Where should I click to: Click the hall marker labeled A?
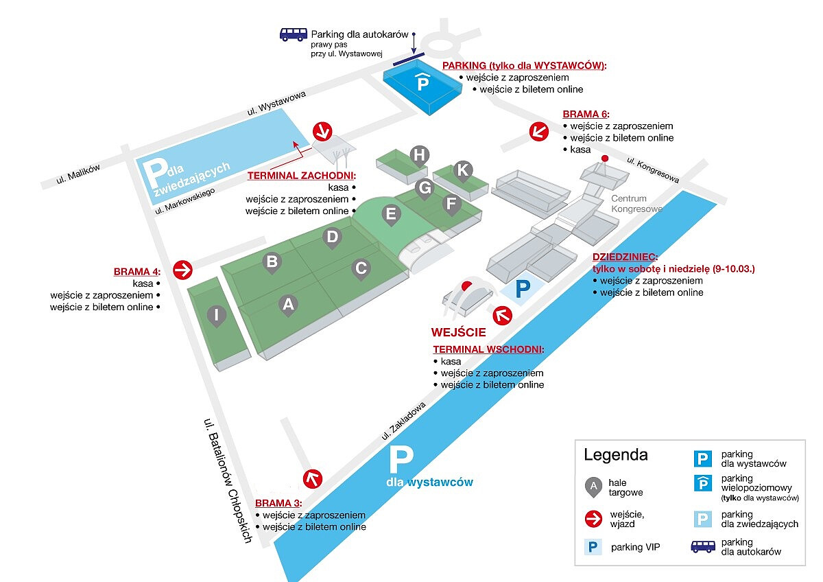point(289,304)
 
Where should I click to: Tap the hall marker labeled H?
point(419,155)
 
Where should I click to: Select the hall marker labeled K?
point(463,170)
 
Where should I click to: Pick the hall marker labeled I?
point(217,315)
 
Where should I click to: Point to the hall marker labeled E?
point(391,214)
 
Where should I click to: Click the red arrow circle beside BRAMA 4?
point(182,270)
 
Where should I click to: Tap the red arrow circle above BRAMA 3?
point(313,478)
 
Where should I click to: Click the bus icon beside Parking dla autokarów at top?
point(293,34)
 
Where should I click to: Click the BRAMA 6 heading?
point(586,114)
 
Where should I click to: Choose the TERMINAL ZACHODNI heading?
point(302,175)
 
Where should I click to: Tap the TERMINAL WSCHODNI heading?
point(488,349)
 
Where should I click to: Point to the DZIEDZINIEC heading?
point(625,257)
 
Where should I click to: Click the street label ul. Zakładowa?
point(405,419)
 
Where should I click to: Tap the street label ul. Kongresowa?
point(653,170)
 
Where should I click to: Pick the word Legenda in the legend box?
point(615,454)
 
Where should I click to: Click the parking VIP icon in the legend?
point(592,547)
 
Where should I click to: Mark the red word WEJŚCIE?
point(458,332)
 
